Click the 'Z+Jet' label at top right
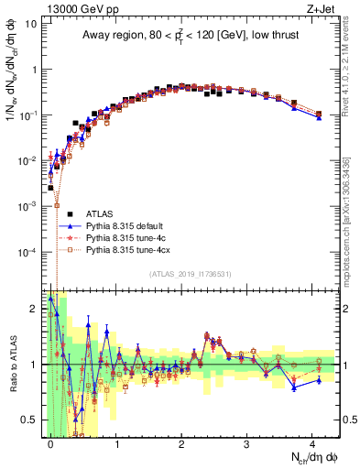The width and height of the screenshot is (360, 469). (x=323, y=7)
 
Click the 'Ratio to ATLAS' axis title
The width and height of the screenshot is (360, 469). (x=10, y=363)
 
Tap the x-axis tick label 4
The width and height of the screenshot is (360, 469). (x=311, y=442)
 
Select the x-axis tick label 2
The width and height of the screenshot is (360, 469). (x=181, y=442)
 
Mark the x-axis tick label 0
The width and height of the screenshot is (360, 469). (x=50, y=442)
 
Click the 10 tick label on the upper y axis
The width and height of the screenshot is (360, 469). (x=29, y=24)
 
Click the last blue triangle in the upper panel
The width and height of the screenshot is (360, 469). (x=319, y=118)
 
